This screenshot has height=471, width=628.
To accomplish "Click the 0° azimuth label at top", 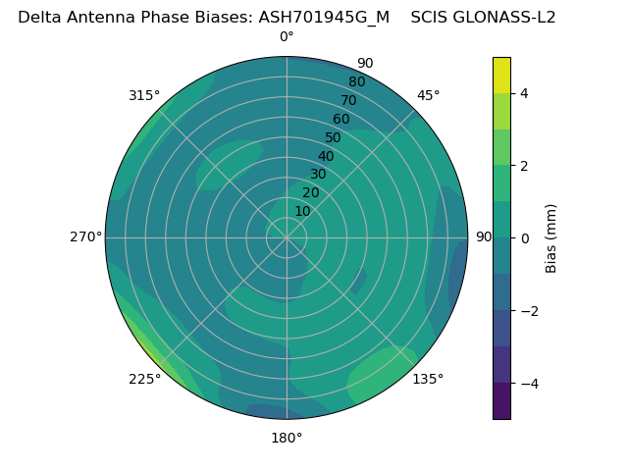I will coord(287,37).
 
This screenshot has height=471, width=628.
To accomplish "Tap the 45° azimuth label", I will coord(428,95).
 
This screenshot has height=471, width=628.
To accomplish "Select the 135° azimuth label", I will coord(428,379).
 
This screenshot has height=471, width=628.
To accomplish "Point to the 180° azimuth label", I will coord(287,438).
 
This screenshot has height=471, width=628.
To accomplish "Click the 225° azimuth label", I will coord(144,379).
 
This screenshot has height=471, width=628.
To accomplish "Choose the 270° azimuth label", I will coord(85,236).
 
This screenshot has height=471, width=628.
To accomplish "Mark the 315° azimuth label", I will coord(144,95).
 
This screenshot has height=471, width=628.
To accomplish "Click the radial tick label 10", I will coord(302,211).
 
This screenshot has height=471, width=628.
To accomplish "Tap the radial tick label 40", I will coord(326,156).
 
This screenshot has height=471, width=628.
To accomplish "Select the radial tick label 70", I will coord(348,100).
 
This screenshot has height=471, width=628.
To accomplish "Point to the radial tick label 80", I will coord(356,81).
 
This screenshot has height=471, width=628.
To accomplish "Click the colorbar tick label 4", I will coord(524,93).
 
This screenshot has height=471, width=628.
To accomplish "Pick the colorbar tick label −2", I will coord(527,311).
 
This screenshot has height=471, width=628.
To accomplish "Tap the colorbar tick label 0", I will coord(524,238).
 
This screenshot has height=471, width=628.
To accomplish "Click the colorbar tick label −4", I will coord(527,384).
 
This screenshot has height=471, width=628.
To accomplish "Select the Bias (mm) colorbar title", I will coord(551,238).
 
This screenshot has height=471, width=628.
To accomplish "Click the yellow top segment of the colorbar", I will coord(501,75).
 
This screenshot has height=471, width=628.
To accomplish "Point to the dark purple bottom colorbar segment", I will coord(501,401).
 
